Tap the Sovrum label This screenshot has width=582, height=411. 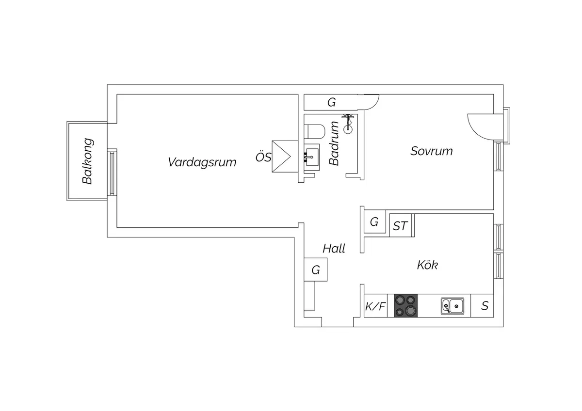[x=432, y=151]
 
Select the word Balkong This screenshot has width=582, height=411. [x=88, y=162]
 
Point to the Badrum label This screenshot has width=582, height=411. [x=334, y=143]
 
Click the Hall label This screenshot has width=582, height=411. [x=334, y=249]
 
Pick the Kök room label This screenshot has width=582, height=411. [x=428, y=265]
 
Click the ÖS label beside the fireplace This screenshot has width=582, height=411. [x=263, y=157]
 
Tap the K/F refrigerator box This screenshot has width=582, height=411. [x=375, y=306]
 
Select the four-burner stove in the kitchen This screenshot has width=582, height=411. [x=406, y=306]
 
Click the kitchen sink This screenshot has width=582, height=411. [x=452, y=306]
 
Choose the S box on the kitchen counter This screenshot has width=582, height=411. [x=485, y=306]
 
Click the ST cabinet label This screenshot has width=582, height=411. [x=400, y=225]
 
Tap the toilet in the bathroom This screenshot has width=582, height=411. [x=315, y=131]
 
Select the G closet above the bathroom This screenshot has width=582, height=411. [x=332, y=102]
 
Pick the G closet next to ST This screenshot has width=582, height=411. [x=374, y=222]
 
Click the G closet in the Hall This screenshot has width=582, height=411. [x=316, y=269]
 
